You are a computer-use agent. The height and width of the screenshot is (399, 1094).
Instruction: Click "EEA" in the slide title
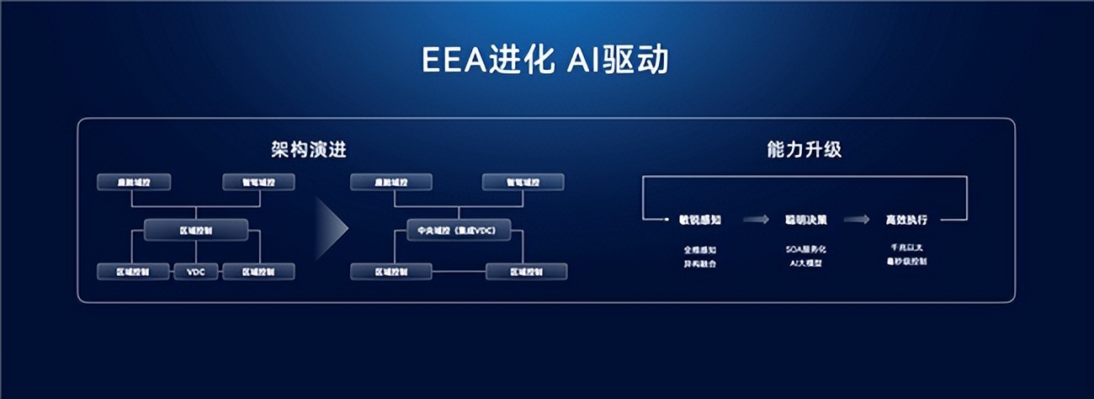(x=453, y=61)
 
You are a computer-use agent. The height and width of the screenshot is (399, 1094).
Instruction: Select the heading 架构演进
(x=309, y=150)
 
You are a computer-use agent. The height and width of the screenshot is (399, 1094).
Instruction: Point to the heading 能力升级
(x=805, y=150)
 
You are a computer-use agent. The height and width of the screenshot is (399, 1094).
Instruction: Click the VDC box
(x=196, y=271)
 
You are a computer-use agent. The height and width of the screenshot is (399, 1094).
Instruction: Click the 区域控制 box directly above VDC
(x=196, y=229)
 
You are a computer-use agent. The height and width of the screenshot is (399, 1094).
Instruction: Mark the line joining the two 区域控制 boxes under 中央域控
(x=459, y=271)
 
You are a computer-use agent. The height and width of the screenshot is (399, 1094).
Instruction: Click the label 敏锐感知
(x=699, y=220)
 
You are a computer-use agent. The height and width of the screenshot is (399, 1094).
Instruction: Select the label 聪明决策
(x=805, y=220)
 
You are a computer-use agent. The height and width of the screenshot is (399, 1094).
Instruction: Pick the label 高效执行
(x=906, y=220)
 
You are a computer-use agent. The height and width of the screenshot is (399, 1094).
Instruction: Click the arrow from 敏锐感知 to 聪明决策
(x=756, y=220)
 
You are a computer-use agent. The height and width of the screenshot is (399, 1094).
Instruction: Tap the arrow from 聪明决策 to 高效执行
(x=857, y=220)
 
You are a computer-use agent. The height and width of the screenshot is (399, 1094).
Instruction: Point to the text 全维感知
(x=699, y=250)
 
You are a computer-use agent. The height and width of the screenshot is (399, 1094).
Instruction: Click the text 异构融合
(x=699, y=263)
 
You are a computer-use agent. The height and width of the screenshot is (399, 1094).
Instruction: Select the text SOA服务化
(x=805, y=250)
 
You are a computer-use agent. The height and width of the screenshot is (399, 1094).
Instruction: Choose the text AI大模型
(x=805, y=263)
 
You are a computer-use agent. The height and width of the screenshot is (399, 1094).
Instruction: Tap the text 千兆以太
(x=906, y=249)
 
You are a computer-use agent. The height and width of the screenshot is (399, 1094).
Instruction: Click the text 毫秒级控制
(x=906, y=263)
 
